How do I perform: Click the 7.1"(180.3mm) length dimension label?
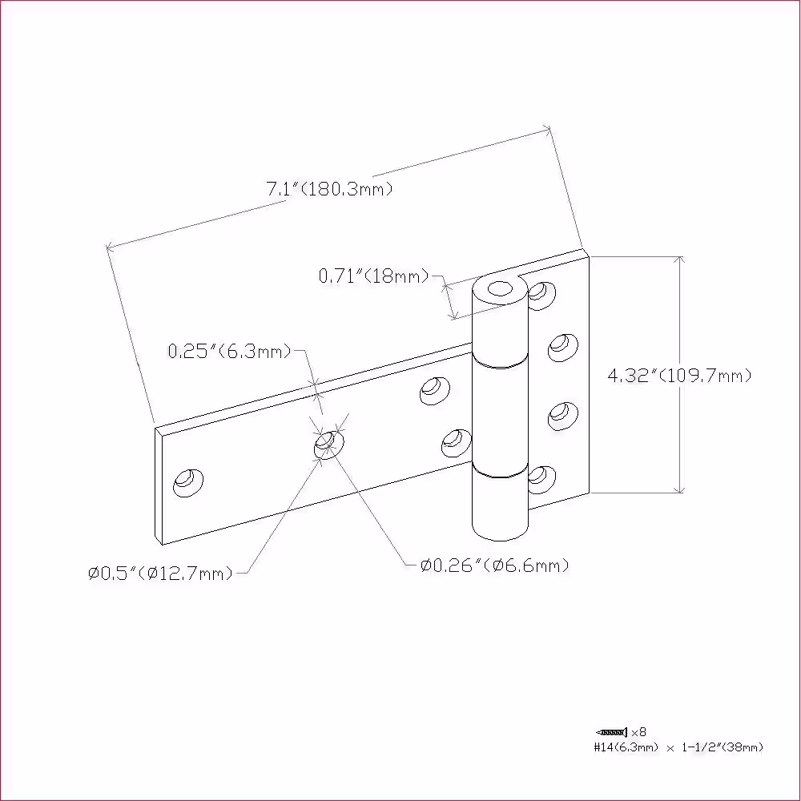pyautogui.click(x=329, y=189)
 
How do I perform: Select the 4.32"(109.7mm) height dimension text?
pyautogui.click(x=679, y=376)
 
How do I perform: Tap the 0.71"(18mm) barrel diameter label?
pyautogui.click(x=373, y=276)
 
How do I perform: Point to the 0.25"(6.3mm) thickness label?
pyautogui.click(x=229, y=351)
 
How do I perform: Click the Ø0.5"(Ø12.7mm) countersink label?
pyautogui.click(x=160, y=574)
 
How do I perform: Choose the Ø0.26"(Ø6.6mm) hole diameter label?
pyautogui.click(x=494, y=565)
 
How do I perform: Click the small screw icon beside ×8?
pyautogui.click(x=611, y=733)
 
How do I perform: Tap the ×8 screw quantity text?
pyautogui.click(x=639, y=733)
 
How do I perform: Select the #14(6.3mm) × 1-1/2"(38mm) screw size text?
pyautogui.click(x=678, y=747)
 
